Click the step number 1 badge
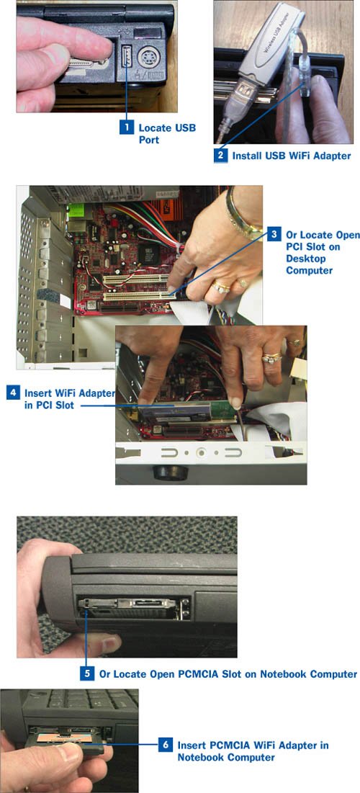click(127, 127)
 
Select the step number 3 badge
click(274, 235)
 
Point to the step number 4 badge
click(13, 393)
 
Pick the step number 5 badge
click(87, 673)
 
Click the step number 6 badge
click(165, 745)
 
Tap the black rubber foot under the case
click(171, 472)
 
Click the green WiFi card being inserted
click(223, 411)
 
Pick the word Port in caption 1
click(148, 140)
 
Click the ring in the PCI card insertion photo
click(271, 357)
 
